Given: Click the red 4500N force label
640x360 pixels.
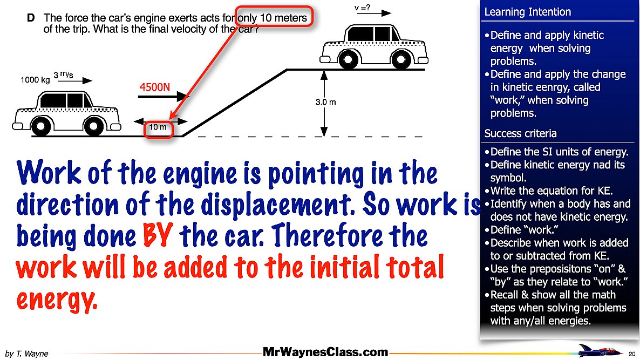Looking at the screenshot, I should click(x=155, y=87).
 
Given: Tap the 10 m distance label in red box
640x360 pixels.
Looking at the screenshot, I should click(x=158, y=128).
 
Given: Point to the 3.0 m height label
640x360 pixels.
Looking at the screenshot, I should click(x=326, y=103).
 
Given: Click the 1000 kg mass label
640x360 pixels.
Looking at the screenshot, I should click(x=35, y=80).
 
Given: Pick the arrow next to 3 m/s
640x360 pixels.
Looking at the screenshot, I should click(x=80, y=81).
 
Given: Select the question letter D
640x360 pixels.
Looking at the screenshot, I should click(x=31, y=18).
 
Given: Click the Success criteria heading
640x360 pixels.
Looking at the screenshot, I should click(x=520, y=133).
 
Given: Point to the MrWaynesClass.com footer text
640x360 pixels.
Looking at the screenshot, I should click(x=325, y=352).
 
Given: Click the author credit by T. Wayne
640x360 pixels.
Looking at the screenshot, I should click(x=27, y=354).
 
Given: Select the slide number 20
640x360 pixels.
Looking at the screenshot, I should click(x=632, y=354).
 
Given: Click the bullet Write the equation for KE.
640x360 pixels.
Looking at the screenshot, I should click(x=553, y=191).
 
